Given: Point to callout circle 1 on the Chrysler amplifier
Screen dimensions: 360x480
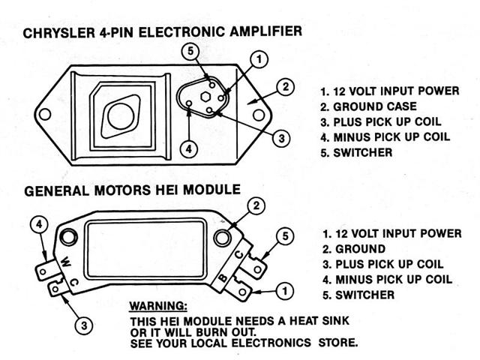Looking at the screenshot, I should point(257,58).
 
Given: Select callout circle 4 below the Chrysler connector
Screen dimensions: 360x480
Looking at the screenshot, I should point(190,148).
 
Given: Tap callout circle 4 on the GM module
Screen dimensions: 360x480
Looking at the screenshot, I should point(40,224).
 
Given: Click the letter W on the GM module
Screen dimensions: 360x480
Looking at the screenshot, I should point(67,262).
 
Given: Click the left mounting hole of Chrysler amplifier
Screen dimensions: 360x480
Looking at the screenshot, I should point(46,115).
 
